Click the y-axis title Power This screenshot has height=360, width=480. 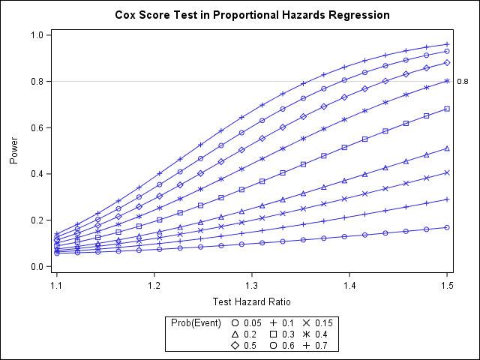(14, 150)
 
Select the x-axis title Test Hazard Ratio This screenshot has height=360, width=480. (252, 301)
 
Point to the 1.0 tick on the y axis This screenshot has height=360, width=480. (36, 35)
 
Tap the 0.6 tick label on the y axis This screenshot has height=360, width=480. (36, 127)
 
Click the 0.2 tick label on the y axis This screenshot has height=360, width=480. (36, 220)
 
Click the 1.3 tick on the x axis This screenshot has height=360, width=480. (252, 286)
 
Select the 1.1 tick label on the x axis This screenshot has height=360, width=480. (57, 286)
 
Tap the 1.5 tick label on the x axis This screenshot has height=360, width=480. (447, 286)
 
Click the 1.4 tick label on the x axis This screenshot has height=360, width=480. (349, 286)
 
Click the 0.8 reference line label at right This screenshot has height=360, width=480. (462, 82)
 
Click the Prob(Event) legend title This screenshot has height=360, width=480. (196, 322)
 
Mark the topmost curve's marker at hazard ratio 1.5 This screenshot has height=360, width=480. (447, 44)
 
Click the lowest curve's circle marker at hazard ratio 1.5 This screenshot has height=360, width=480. (447, 227)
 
